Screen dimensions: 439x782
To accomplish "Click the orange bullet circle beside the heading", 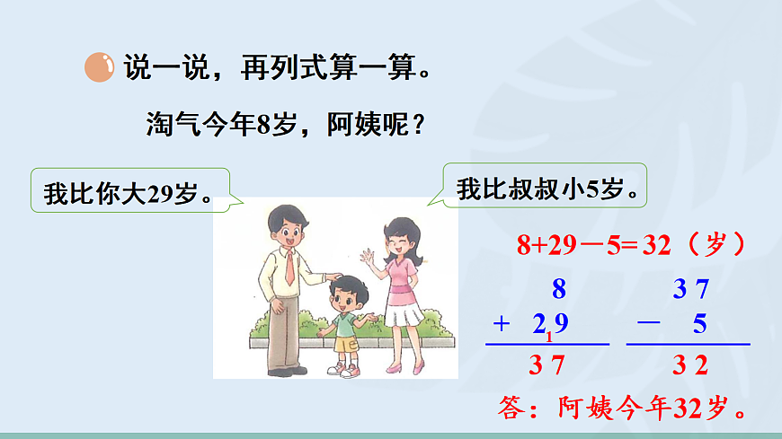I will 99,67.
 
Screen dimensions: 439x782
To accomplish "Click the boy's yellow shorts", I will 346,343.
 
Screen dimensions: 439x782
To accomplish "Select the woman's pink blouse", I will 401,273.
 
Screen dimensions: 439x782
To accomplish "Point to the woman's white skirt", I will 404,315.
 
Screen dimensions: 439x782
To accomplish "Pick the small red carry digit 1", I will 548,337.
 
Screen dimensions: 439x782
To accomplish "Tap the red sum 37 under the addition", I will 547,365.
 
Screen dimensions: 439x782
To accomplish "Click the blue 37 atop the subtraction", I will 691,289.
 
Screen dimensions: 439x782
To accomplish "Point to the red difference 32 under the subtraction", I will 690,365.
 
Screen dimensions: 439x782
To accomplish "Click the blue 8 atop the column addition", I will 559,289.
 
